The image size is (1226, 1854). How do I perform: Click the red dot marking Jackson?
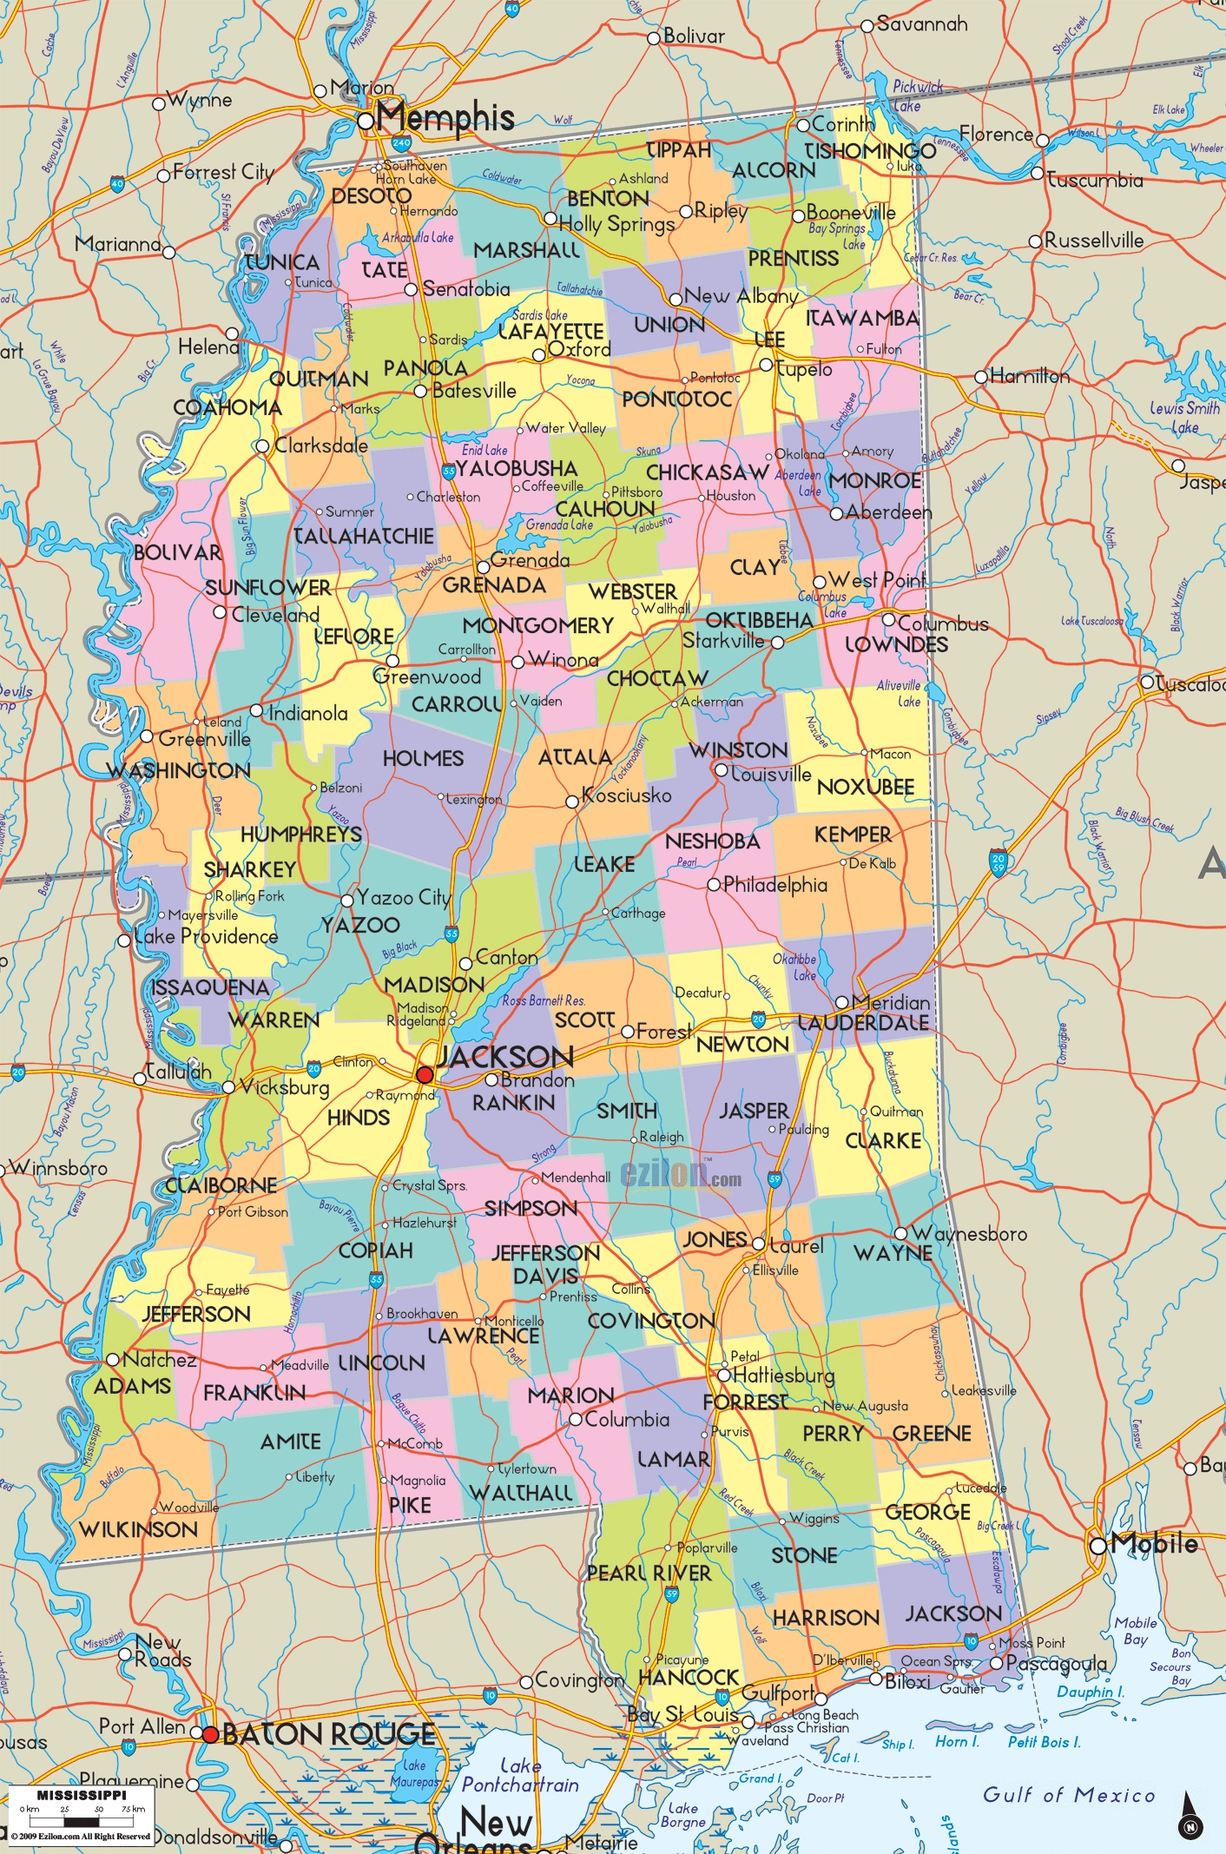tap(425, 1075)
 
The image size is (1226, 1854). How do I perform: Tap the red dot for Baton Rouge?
tap(210, 1734)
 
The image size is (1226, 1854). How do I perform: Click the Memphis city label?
tap(445, 117)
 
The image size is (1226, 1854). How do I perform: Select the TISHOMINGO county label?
tap(870, 151)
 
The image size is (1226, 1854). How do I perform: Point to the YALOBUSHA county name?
tap(517, 469)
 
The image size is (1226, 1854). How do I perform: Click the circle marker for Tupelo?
tap(767, 366)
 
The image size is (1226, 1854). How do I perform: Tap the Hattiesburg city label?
tap(783, 1376)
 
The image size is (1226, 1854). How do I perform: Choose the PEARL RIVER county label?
tap(649, 1574)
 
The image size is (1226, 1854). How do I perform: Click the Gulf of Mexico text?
tap(1069, 1795)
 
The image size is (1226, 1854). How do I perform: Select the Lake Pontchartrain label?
tap(520, 1775)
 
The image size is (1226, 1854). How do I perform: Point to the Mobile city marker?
tap(1098, 1546)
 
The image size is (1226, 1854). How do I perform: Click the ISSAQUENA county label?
tap(210, 988)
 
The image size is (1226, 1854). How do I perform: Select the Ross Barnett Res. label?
tap(544, 1000)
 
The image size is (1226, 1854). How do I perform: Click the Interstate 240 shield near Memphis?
tap(401, 142)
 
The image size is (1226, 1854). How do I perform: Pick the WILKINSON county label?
tap(138, 1529)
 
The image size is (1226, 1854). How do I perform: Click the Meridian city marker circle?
tap(841, 1003)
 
